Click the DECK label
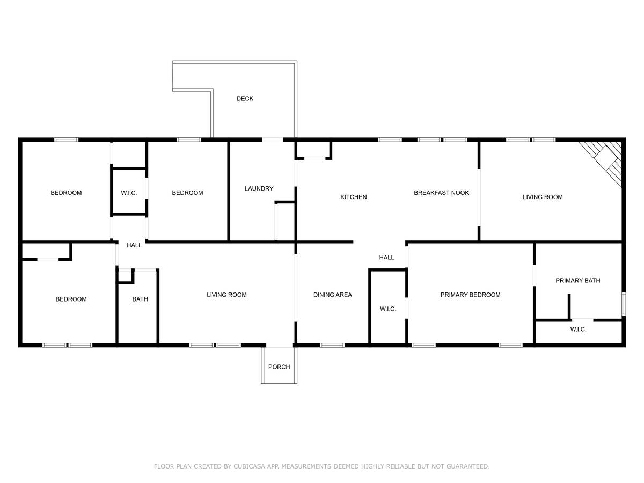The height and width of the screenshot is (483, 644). (x=245, y=99)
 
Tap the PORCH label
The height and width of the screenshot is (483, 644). (x=279, y=367)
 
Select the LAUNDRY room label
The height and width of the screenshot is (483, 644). (x=259, y=188)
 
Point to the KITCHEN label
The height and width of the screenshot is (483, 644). (x=353, y=197)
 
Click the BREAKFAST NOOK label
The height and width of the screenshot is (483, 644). (x=441, y=193)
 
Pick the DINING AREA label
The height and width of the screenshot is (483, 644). (x=332, y=295)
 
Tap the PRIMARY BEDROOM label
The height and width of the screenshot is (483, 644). (x=470, y=295)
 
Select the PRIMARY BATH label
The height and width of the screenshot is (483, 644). (x=577, y=280)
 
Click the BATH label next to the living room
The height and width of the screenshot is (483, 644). (x=140, y=299)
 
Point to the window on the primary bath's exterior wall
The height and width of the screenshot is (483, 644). (x=624, y=304)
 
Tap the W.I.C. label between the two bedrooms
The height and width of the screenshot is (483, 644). (x=129, y=193)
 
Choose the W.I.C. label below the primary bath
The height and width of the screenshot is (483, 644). (x=579, y=330)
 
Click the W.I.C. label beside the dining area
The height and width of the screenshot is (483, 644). (x=388, y=309)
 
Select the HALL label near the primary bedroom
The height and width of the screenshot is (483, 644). (x=386, y=258)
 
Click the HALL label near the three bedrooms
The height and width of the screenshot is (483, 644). (x=134, y=245)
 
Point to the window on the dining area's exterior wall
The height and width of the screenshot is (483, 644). (x=332, y=345)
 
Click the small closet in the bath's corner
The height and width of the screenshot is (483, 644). (x=125, y=276)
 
